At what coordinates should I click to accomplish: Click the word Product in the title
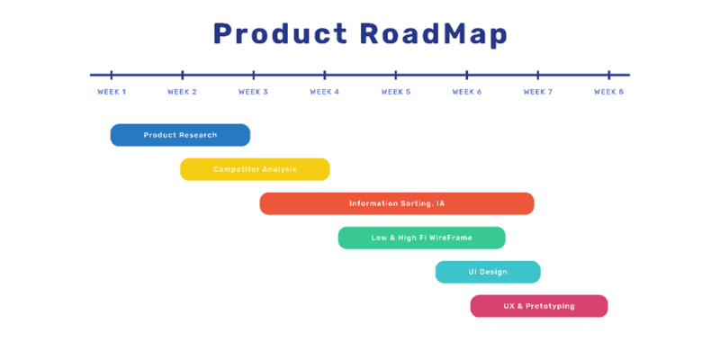(x=279, y=33)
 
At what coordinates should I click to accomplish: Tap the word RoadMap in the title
(x=434, y=33)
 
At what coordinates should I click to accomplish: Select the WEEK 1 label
(x=112, y=92)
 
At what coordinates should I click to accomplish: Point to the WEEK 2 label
(x=182, y=92)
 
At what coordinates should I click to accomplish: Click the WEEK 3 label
(x=253, y=92)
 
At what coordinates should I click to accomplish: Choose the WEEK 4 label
(x=324, y=92)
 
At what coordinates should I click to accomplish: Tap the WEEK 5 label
(x=395, y=92)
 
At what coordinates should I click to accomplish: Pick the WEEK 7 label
(x=537, y=92)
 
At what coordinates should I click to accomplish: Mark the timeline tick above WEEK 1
(x=112, y=75)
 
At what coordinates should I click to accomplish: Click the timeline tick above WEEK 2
(x=183, y=75)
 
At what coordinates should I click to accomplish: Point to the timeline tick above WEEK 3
(x=254, y=75)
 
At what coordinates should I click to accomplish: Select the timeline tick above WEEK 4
(x=325, y=75)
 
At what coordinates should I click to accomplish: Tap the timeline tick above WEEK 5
(x=396, y=75)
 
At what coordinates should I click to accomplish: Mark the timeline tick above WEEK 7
(x=538, y=75)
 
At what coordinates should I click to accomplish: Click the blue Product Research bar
(x=180, y=135)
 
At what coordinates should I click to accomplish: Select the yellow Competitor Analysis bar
(x=255, y=169)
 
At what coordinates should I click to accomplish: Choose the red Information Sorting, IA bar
(x=397, y=203)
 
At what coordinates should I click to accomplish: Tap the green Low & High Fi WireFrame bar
(x=421, y=238)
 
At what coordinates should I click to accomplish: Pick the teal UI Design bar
(x=488, y=272)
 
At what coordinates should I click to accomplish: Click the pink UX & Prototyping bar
(x=539, y=306)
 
